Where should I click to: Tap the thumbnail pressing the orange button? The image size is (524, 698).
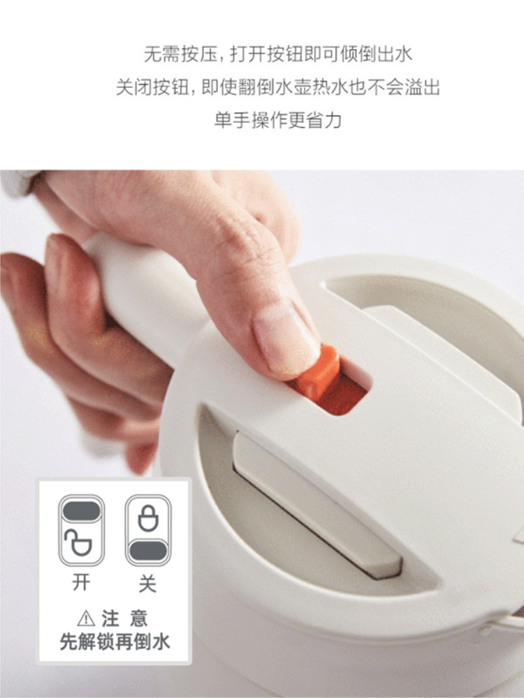pos(285,336)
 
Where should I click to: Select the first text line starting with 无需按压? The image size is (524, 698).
pos(278,54)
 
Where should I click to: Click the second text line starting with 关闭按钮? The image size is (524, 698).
pos(278,87)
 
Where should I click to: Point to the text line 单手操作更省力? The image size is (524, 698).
pos(278,120)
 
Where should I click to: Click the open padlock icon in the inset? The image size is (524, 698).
pos(78,542)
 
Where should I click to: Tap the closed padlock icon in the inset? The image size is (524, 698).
pos(148,518)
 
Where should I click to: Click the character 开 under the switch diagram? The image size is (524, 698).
pos(81,582)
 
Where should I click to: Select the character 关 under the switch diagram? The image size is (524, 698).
pos(147,582)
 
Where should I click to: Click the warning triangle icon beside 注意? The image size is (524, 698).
pos(86,618)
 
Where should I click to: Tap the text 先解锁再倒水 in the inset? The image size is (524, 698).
pos(115,642)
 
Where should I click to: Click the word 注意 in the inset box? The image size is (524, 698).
pos(124,618)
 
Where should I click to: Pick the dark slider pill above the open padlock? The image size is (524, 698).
pos(81,511)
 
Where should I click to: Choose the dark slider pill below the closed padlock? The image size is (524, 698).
pos(148,551)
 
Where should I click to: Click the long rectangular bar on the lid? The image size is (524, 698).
pos(317,505)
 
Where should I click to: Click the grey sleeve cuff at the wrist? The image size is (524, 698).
pos(18,181)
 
